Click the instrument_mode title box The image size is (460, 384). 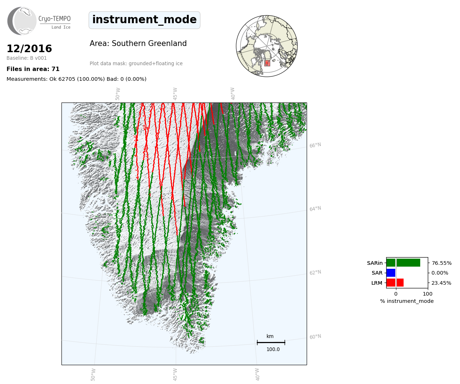pyautogui.click(x=144, y=20)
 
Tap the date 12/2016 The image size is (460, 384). pyautogui.click(x=29, y=49)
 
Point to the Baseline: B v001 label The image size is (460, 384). pyautogui.click(x=27, y=58)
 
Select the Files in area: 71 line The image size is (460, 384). pyautogui.click(x=33, y=69)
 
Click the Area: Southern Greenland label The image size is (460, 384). pyautogui.click(x=138, y=43)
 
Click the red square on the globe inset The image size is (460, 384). pyautogui.click(x=267, y=63)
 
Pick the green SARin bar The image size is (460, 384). pyautogui.click(x=403, y=263)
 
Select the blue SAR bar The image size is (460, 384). pyautogui.click(x=391, y=273)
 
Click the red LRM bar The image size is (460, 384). pyautogui.click(x=395, y=283)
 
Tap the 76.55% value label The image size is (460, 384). pyautogui.click(x=442, y=263)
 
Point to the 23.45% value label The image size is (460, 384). pyautogui.click(x=441, y=283)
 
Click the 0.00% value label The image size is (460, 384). pyautogui.click(x=440, y=273)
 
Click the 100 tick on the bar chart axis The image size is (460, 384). pyautogui.click(x=427, y=294)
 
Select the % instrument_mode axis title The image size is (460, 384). pyautogui.click(x=407, y=301)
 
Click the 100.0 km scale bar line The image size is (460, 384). pyautogui.click(x=271, y=342)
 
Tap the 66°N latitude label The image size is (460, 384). pyautogui.click(x=315, y=145)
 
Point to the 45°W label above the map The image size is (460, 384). pyautogui.click(x=175, y=94)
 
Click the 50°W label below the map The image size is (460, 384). pyautogui.click(x=93, y=375)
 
